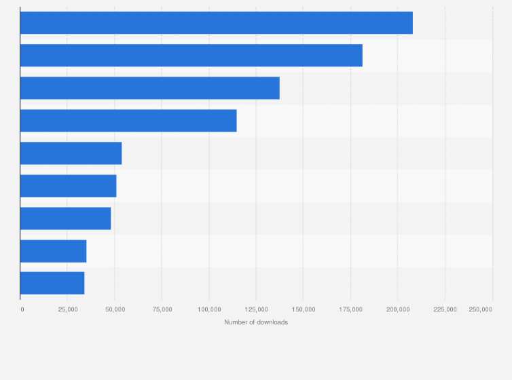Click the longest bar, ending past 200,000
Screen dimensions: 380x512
(216, 23)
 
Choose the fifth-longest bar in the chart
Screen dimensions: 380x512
(71, 153)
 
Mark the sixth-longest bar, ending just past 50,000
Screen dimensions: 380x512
(68, 186)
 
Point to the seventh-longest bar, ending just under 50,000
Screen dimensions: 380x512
(65, 218)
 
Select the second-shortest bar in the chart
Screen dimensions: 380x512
(53, 251)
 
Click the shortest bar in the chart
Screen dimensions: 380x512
(52, 283)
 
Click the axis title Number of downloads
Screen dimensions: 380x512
(256, 322)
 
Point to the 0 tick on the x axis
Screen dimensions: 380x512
(22, 309)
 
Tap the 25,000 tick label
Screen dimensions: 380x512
(67, 309)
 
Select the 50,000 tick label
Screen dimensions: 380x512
(114, 309)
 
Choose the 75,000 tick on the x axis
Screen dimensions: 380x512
(162, 309)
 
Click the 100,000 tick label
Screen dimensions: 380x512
(208, 309)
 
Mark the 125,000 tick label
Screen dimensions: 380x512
(256, 309)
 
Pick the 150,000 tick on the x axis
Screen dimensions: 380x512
(303, 309)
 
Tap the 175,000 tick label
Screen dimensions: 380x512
(350, 309)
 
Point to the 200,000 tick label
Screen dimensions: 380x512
(397, 309)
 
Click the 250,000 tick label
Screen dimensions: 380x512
(481, 309)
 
